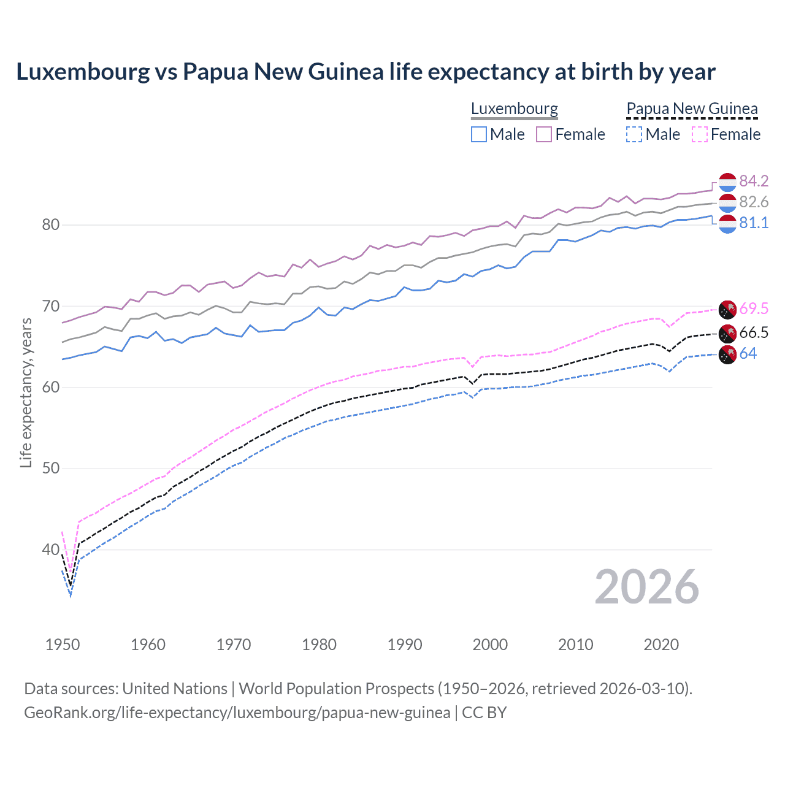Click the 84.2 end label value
754,181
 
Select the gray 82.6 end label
754,202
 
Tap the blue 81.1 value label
754,223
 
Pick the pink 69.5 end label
754,308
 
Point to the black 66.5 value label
754,332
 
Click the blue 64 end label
748,353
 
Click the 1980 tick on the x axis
319,645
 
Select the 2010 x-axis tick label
575,645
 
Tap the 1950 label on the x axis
63,645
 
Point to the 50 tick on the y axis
50,469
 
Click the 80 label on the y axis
50,225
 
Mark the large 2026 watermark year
647,587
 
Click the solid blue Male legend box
479,134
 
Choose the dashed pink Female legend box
700,134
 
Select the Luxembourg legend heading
515,109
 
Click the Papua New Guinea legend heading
692,109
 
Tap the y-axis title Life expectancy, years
26,392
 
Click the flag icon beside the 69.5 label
727,308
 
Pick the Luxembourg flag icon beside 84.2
727,182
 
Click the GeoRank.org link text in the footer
237,713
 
